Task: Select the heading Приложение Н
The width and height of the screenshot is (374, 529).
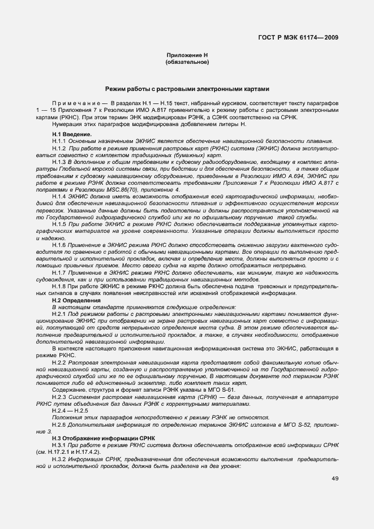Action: pyautogui.click(x=187, y=55)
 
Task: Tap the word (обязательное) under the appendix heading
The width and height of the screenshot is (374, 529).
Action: pyautogui.click(x=187, y=62)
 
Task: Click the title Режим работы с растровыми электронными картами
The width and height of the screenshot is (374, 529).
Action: pyautogui.click(x=187, y=89)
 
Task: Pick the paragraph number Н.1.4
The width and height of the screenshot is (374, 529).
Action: pyautogui.click(x=59, y=195)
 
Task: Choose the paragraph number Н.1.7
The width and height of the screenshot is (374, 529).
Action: pyautogui.click(x=59, y=272)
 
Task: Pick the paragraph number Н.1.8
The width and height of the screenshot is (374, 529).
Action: pyautogui.click(x=59, y=287)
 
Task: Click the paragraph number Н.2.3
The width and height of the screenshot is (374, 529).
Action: pyautogui.click(x=59, y=398)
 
